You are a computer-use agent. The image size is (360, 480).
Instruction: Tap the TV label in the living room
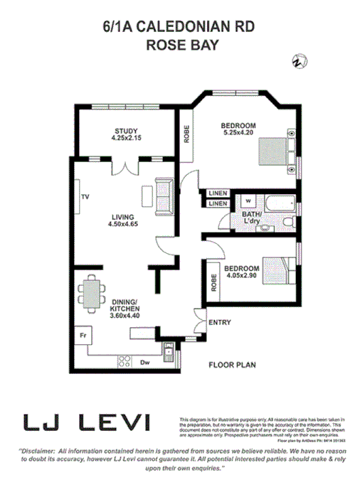pos(84,196)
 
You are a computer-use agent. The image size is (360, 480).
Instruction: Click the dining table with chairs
pos(92,294)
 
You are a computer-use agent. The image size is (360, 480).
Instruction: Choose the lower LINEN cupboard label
pos(218,204)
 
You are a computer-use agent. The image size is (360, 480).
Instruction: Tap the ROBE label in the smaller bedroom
pos(213,283)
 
